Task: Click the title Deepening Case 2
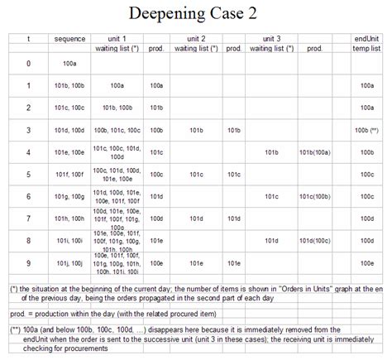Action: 196,15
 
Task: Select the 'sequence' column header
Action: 69,39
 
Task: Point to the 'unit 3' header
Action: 272,39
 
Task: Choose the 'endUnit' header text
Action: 366,39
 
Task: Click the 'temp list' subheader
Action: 366,49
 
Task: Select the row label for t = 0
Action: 28,63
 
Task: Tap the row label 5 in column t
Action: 28,175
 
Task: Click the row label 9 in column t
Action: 28,263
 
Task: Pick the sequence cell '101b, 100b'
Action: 69,85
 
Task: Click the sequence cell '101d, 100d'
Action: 69,130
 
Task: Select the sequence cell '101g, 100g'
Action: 69,196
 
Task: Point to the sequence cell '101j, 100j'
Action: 69,263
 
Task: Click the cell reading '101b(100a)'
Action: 314,152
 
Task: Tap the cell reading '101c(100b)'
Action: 314,196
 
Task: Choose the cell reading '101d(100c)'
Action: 314,241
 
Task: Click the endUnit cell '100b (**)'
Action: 366,130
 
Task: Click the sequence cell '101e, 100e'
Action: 69,152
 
